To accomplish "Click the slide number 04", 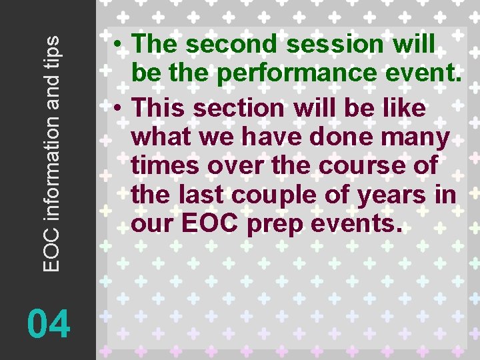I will (x=49, y=325).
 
